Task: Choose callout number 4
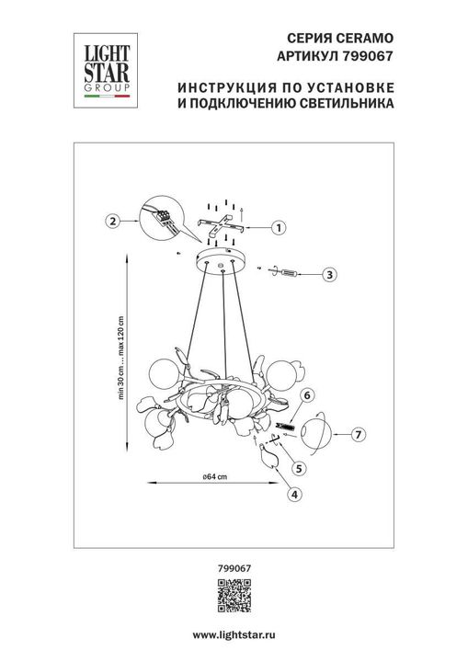293,494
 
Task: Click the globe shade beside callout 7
314,432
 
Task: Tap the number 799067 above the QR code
234,570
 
